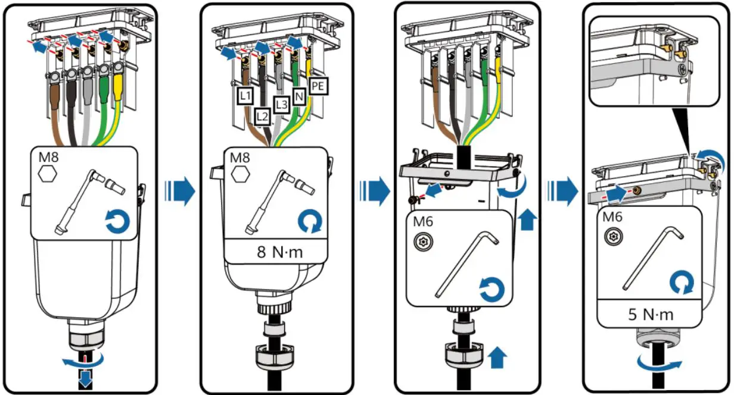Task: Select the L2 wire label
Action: [262, 115]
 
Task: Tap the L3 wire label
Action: [281, 104]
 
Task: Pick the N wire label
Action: [299, 95]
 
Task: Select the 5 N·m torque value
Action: [650, 314]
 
